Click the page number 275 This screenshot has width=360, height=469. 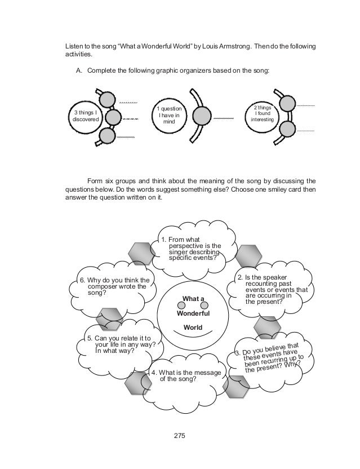[x=180, y=435]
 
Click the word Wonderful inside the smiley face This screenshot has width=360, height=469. [x=195, y=313]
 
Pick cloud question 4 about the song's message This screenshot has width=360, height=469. [x=188, y=375]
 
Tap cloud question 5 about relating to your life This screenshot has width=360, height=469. [x=122, y=343]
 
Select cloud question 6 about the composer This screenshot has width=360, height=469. [x=114, y=286]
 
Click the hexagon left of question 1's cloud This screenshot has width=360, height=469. [x=139, y=253]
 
